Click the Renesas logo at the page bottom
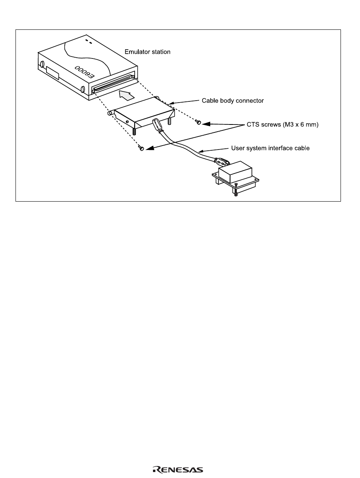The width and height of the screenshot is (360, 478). [x=178, y=470]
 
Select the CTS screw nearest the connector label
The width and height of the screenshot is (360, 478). [x=199, y=122]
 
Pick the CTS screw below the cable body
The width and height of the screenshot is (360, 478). [x=141, y=149]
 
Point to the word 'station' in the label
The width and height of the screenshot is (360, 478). [x=161, y=52]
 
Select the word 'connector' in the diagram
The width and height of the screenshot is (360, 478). [x=250, y=101]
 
